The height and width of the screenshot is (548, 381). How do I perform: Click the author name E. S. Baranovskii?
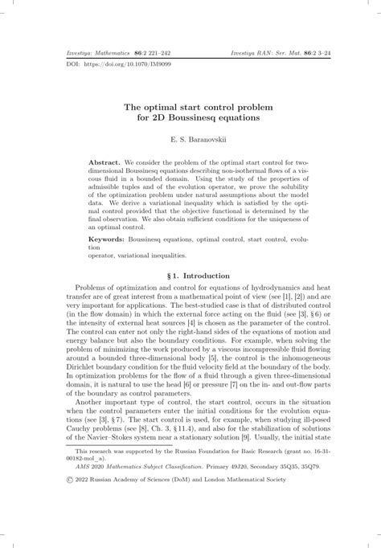click(190, 140)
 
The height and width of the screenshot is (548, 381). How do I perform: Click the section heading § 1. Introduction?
click(190, 275)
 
